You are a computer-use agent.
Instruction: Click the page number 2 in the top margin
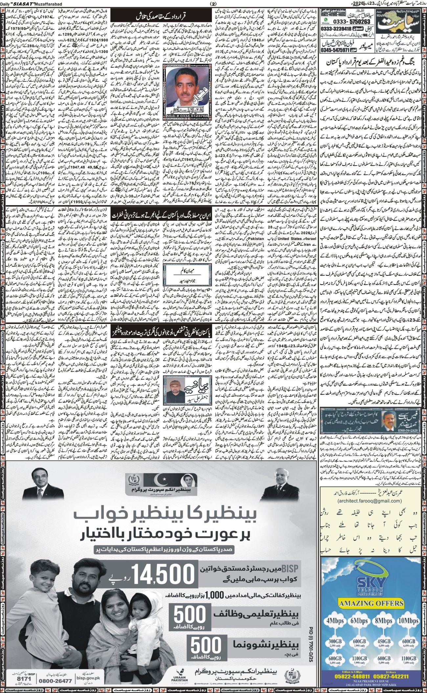coord(213,4)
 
